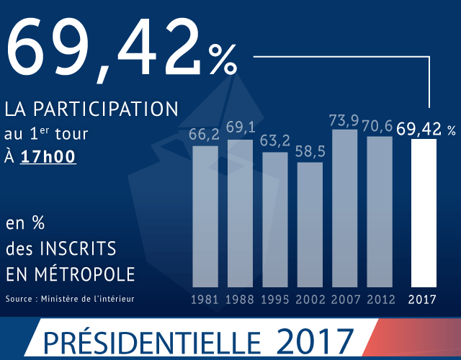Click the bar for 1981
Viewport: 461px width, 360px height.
pyautogui.click(x=205, y=215)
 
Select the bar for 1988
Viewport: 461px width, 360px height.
pyautogui.click(x=240, y=212)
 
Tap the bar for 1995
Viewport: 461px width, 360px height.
pyautogui.click(x=274, y=219)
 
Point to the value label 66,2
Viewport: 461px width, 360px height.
pyautogui.click(x=204, y=135)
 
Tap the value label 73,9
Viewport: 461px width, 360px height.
pyautogui.click(x=344, y=120)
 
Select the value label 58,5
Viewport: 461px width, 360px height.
pyautogui.click(x=310, y=153)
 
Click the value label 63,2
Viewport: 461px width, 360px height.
pyautogui.click(x=274, y=139)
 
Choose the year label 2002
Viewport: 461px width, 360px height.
pyautogui.click(x=310, y=300)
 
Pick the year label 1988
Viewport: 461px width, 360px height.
pyautogui.click(x=240, y=300)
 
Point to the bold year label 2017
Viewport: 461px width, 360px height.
pyautogui.click(x=424, y=300)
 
